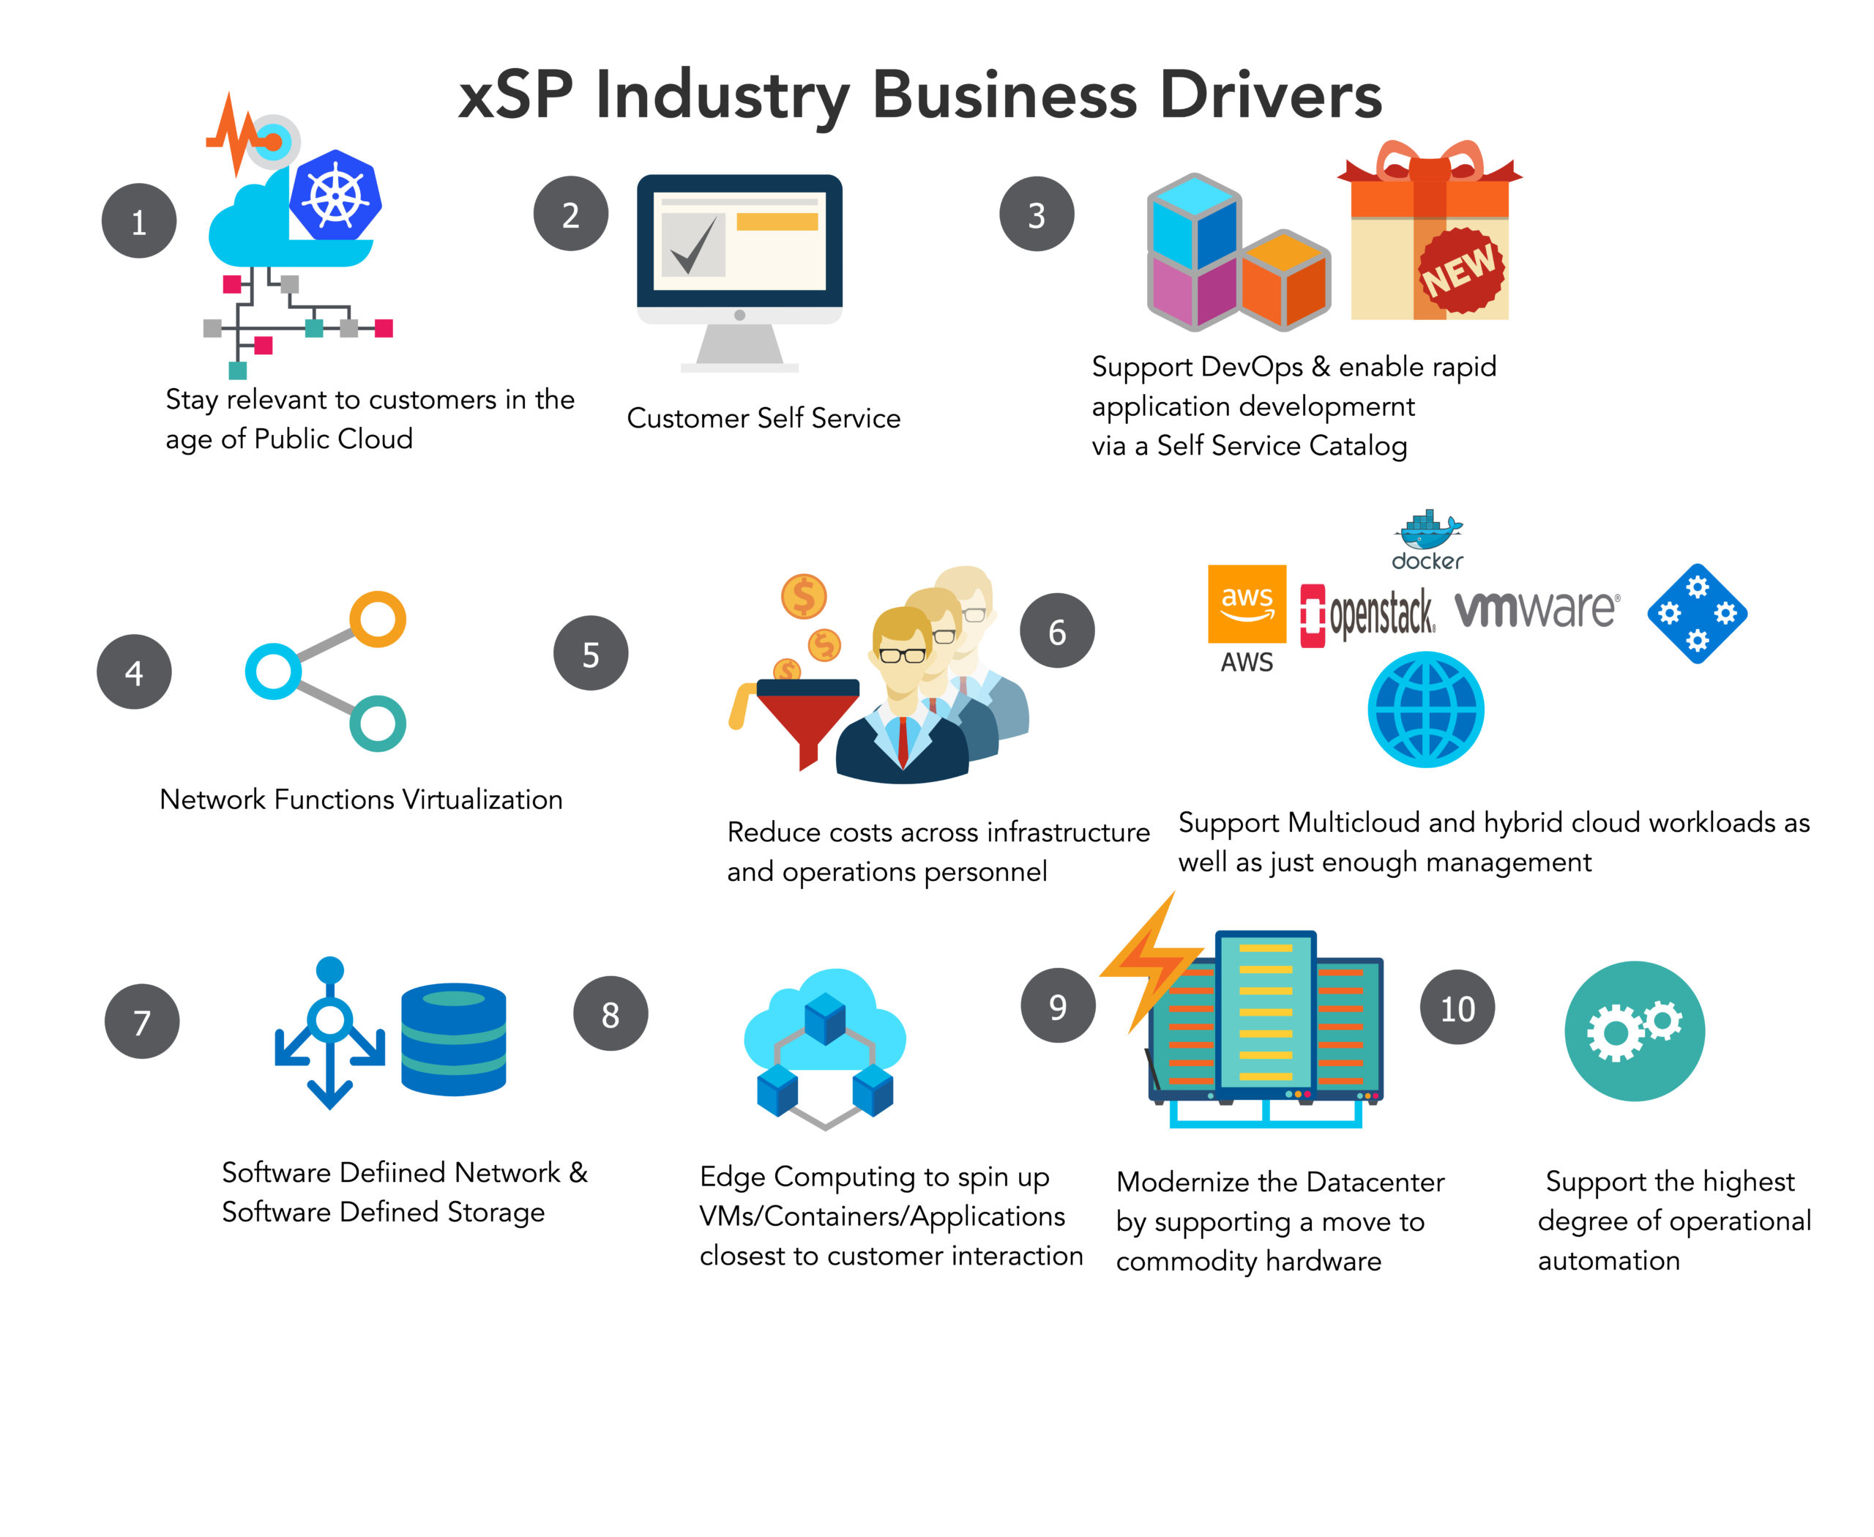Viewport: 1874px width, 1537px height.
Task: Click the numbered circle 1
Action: [139, 221]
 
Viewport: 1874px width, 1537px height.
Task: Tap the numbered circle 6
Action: [1057, 631]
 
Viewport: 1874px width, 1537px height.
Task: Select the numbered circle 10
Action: [1457, 1008]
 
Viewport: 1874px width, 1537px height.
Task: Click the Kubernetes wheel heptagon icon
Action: [337, 196]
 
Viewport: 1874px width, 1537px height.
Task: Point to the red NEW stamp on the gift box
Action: [1460, 270]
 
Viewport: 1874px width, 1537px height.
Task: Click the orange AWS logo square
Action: [1247, 604]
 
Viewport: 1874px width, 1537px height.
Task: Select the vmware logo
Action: [1537, 609]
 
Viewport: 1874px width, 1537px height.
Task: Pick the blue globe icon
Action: [1426, 709]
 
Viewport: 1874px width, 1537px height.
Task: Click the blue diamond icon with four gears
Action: [1697, 613]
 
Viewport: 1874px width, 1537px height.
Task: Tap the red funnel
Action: [808, 721]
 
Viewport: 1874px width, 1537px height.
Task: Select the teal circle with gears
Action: [1634, 1032]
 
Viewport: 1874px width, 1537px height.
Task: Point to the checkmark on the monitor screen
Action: [693, 245]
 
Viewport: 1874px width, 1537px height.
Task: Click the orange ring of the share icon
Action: [378, 619]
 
